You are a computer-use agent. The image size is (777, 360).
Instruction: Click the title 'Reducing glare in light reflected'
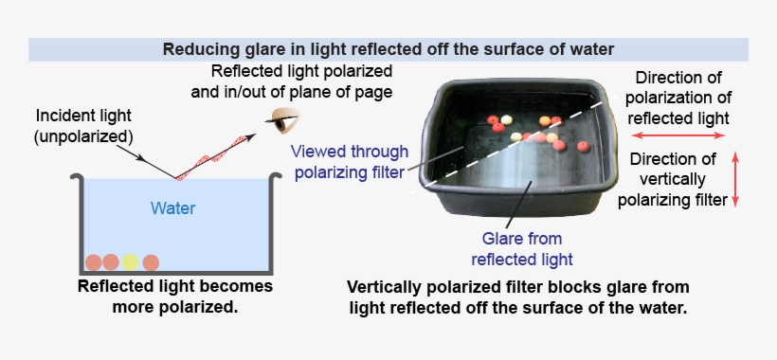click(388, 49)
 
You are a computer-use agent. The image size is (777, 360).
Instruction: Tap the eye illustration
click(281, 120)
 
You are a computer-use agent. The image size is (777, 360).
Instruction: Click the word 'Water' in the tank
click(173, 207)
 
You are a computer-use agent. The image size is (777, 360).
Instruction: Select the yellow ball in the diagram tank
click(131, 262)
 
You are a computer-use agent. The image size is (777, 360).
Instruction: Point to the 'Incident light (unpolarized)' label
click(84, 125)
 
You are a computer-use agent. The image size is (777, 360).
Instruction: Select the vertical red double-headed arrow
click(736, 179)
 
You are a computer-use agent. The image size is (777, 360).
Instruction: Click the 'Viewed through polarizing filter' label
click(350, 160)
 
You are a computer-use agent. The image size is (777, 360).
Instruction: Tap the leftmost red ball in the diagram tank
click(93, 262)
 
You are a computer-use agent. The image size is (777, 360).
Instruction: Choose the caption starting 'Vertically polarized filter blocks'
click(517, 297)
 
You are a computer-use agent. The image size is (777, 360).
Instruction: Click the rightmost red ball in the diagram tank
click(151, 262)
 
